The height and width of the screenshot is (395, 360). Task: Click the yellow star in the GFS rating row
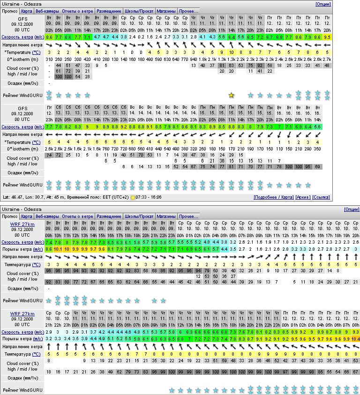pos(231,95)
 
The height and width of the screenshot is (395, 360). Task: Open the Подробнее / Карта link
pos(273,197)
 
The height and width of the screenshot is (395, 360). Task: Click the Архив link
pos(302,197)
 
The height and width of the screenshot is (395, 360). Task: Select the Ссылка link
pos(321,197)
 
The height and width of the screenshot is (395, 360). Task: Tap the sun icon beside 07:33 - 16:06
pos(133,197)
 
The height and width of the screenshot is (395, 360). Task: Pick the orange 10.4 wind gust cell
pos(355,338)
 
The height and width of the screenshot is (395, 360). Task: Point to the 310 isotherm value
pos(49,59)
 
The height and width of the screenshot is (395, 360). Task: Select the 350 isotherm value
pos(318,149)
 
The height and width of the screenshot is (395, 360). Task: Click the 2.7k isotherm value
pos(327,59)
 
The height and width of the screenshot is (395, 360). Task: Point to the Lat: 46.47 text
pos(13,197)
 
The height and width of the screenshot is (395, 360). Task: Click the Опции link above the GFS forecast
pos(323,4)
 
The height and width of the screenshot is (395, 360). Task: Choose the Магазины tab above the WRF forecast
pos(166,216)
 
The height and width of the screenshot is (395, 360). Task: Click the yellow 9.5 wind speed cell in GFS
pos(327,36)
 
